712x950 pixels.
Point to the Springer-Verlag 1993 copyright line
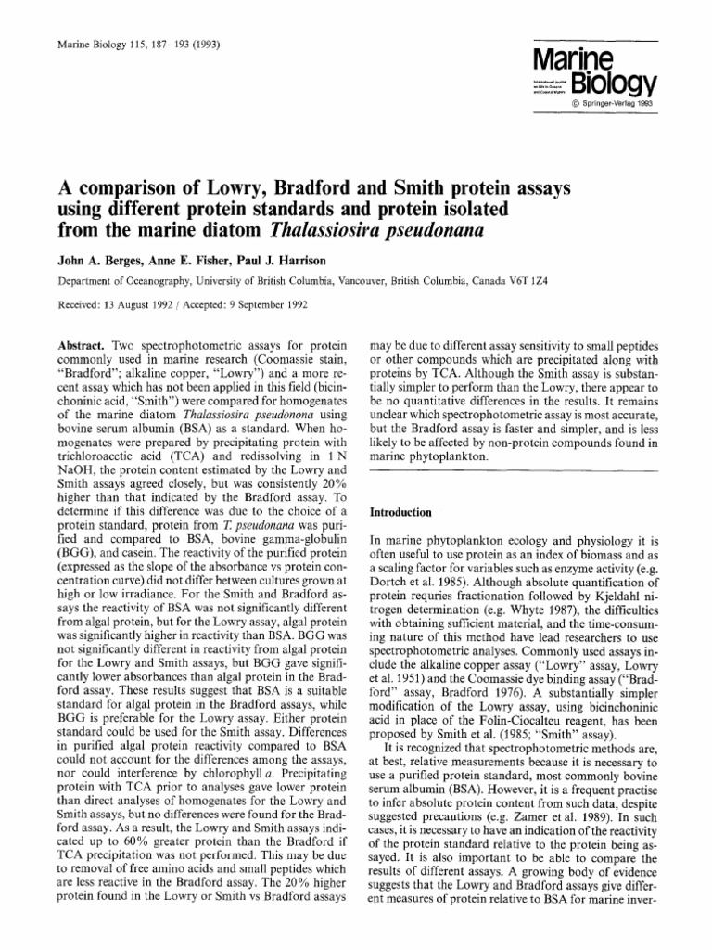(x=615, y=103)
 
